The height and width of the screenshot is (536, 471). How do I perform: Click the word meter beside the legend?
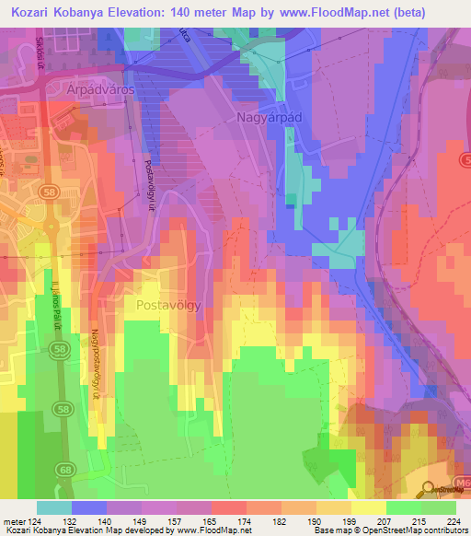click(x=13, y=520)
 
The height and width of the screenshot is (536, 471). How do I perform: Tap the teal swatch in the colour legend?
click(x=53, y=507)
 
